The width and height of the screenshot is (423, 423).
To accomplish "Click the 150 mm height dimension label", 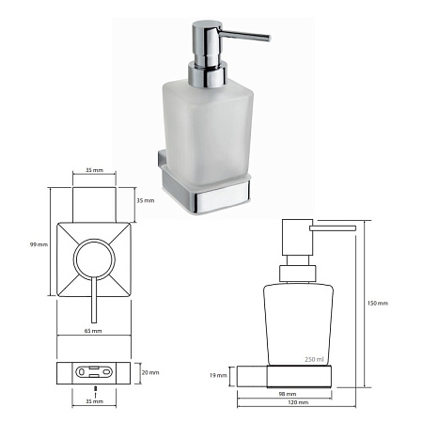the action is [x=378, y=304].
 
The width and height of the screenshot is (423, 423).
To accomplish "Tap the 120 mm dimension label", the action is [x=298, y=402].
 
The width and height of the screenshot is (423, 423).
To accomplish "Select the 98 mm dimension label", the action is [x=288, y=394].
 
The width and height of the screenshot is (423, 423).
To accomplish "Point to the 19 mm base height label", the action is [x=218, y=375].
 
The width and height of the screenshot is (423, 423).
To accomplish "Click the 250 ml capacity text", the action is [x=314, y=359].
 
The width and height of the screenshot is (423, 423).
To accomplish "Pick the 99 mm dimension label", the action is [x=39, y=244].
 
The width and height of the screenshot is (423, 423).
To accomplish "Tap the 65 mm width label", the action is [x=93, y=331].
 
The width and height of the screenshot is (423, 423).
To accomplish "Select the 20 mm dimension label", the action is [x=150, y=372].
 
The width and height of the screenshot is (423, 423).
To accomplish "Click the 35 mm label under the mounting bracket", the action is [x=94, y=401].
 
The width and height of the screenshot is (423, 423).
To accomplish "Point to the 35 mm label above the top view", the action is [x=94, y=170].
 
